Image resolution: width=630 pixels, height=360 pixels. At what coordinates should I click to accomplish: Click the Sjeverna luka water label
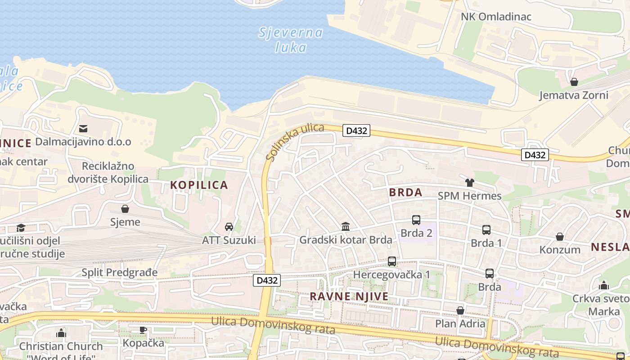coord(291,40)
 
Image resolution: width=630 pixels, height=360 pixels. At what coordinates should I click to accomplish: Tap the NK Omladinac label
coord(496,17)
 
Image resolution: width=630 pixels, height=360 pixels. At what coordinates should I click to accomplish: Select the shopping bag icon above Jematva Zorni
coord(574,82)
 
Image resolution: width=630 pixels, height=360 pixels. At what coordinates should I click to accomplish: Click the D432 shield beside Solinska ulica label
coord(356,130)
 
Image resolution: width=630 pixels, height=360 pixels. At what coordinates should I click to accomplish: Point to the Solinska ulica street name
coord(294,141)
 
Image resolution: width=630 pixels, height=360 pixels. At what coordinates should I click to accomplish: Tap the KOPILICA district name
coord(199,185)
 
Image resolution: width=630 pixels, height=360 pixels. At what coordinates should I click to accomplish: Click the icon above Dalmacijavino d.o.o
coord(83,129)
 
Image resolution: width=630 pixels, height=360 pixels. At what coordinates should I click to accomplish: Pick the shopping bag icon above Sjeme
coord(125,209)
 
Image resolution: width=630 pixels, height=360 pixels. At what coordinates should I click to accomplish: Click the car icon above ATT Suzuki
coord(229,227)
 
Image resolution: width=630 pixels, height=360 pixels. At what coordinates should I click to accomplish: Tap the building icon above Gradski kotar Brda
coord(346,226)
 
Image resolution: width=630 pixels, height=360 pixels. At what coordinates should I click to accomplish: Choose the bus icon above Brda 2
coord(416,220)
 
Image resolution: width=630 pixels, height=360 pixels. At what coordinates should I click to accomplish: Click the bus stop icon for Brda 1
coord(486,230)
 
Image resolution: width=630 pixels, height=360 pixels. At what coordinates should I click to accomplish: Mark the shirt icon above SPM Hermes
coord(470,183)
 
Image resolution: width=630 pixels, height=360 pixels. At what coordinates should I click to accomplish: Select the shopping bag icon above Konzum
coord(560,237)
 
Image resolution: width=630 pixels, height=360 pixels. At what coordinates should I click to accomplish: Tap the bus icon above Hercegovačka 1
coord(392,261)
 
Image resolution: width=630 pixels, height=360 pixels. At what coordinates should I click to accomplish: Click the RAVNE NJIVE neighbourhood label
coord(349,297)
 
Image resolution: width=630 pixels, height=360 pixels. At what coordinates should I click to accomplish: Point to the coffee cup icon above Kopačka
coord(143,330)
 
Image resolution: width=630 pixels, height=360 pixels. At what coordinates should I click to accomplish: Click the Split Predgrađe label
coord(120,272)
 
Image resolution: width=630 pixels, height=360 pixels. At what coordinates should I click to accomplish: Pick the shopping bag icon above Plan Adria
coord(460,310)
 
